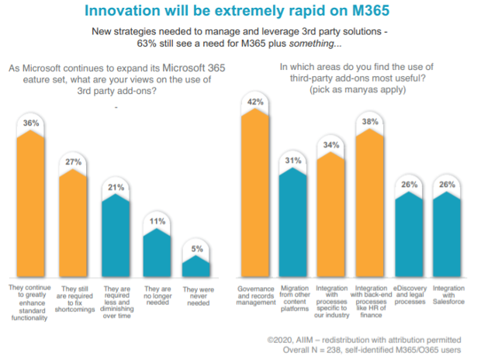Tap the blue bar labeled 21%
click(x=116, y=237)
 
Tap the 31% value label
click(x=295, y=161)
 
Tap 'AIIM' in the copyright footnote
click(x=322, y=339)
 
